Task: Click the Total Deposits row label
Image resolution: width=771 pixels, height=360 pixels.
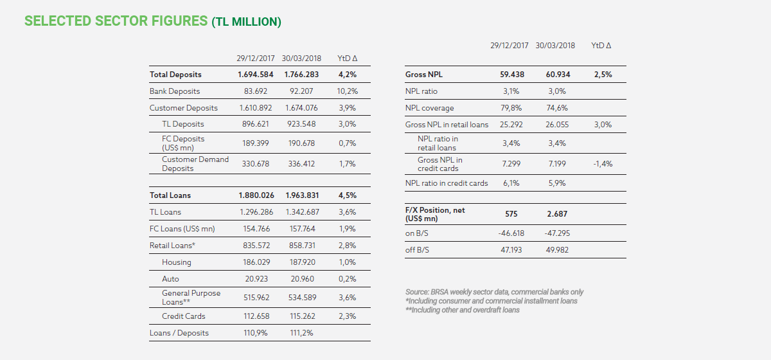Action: [175, 75]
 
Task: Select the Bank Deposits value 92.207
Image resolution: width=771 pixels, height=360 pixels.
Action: [301, 91]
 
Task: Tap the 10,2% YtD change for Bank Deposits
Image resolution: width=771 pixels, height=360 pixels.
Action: [348, 91]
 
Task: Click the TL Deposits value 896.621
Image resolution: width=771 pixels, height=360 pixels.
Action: [256, 123]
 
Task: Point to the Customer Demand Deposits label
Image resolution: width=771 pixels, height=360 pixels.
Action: [195, 164]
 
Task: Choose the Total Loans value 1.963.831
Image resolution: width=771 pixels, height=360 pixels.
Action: [302, 195]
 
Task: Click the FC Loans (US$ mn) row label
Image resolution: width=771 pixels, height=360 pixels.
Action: [182, 229]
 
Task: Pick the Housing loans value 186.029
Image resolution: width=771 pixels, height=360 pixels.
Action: [256, 262]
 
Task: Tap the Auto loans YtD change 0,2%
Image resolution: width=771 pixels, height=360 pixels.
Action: [348, 279]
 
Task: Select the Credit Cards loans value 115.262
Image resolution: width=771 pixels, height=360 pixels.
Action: [303, 316]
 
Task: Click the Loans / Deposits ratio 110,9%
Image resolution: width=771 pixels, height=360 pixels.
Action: [256, 333]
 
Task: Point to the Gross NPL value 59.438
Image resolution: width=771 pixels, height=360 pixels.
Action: [512, 75]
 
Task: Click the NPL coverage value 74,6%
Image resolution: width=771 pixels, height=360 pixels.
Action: [557, 108]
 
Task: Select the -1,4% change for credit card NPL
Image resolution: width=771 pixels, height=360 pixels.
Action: [603, 164]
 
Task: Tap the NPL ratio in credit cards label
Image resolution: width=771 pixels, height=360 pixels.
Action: [447, 183]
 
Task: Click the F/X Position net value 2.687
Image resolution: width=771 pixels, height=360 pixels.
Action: [557, 214]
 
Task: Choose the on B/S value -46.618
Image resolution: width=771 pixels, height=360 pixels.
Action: [511, 233]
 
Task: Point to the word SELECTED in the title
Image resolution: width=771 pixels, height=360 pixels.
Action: [57, 21]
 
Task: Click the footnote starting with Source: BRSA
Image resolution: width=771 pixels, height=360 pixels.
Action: [494, 292]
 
